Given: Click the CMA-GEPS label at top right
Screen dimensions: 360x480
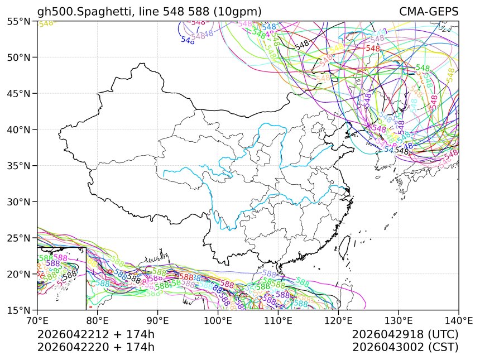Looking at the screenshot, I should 429,12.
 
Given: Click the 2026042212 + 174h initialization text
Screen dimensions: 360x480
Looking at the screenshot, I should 95,334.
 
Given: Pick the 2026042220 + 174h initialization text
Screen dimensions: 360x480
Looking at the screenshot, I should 95,347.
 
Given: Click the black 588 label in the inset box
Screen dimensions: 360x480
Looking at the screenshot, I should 70,275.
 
